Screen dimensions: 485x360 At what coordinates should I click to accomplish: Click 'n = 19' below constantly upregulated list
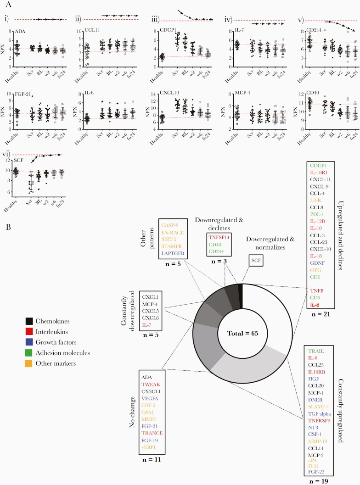(x=322, y=481)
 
